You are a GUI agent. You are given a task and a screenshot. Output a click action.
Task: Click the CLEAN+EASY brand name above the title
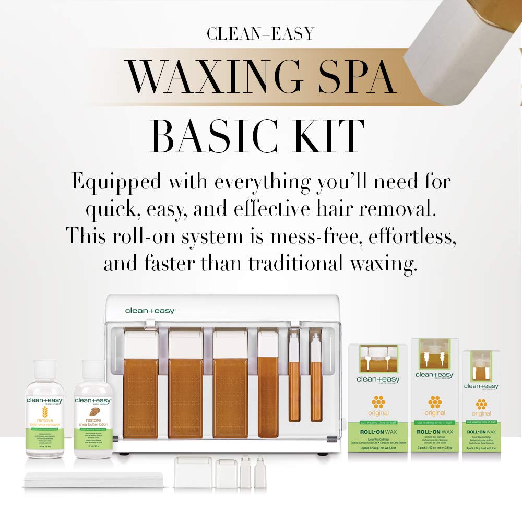pyautogui.click(x=260, y=34)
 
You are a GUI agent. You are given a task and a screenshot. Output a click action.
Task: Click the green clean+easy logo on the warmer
pyautogui.click(x=150, y=311)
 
